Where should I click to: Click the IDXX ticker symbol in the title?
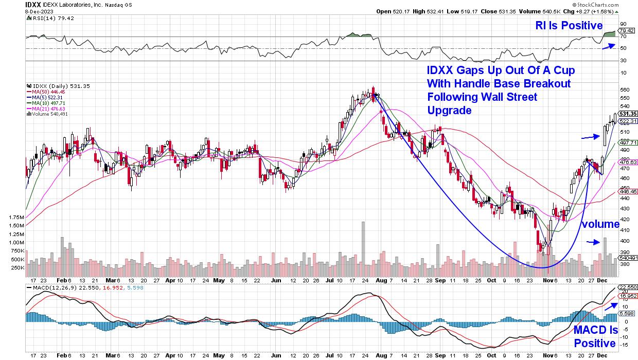click(x=32, y=5)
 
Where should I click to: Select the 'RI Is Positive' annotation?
click(x=569, y=25)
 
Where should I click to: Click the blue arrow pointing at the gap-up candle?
click(x=591, y=137)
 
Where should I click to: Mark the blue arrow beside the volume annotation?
click(x=594, y=242)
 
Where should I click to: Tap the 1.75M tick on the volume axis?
click(x=16, y=218)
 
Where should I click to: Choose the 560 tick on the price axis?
click(x=625, y=88)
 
